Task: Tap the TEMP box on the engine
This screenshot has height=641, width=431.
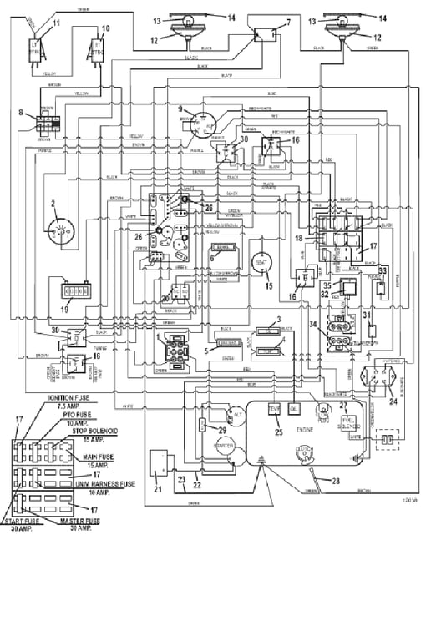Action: click(272, 408)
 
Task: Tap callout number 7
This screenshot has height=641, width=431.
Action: click(289, 21)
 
